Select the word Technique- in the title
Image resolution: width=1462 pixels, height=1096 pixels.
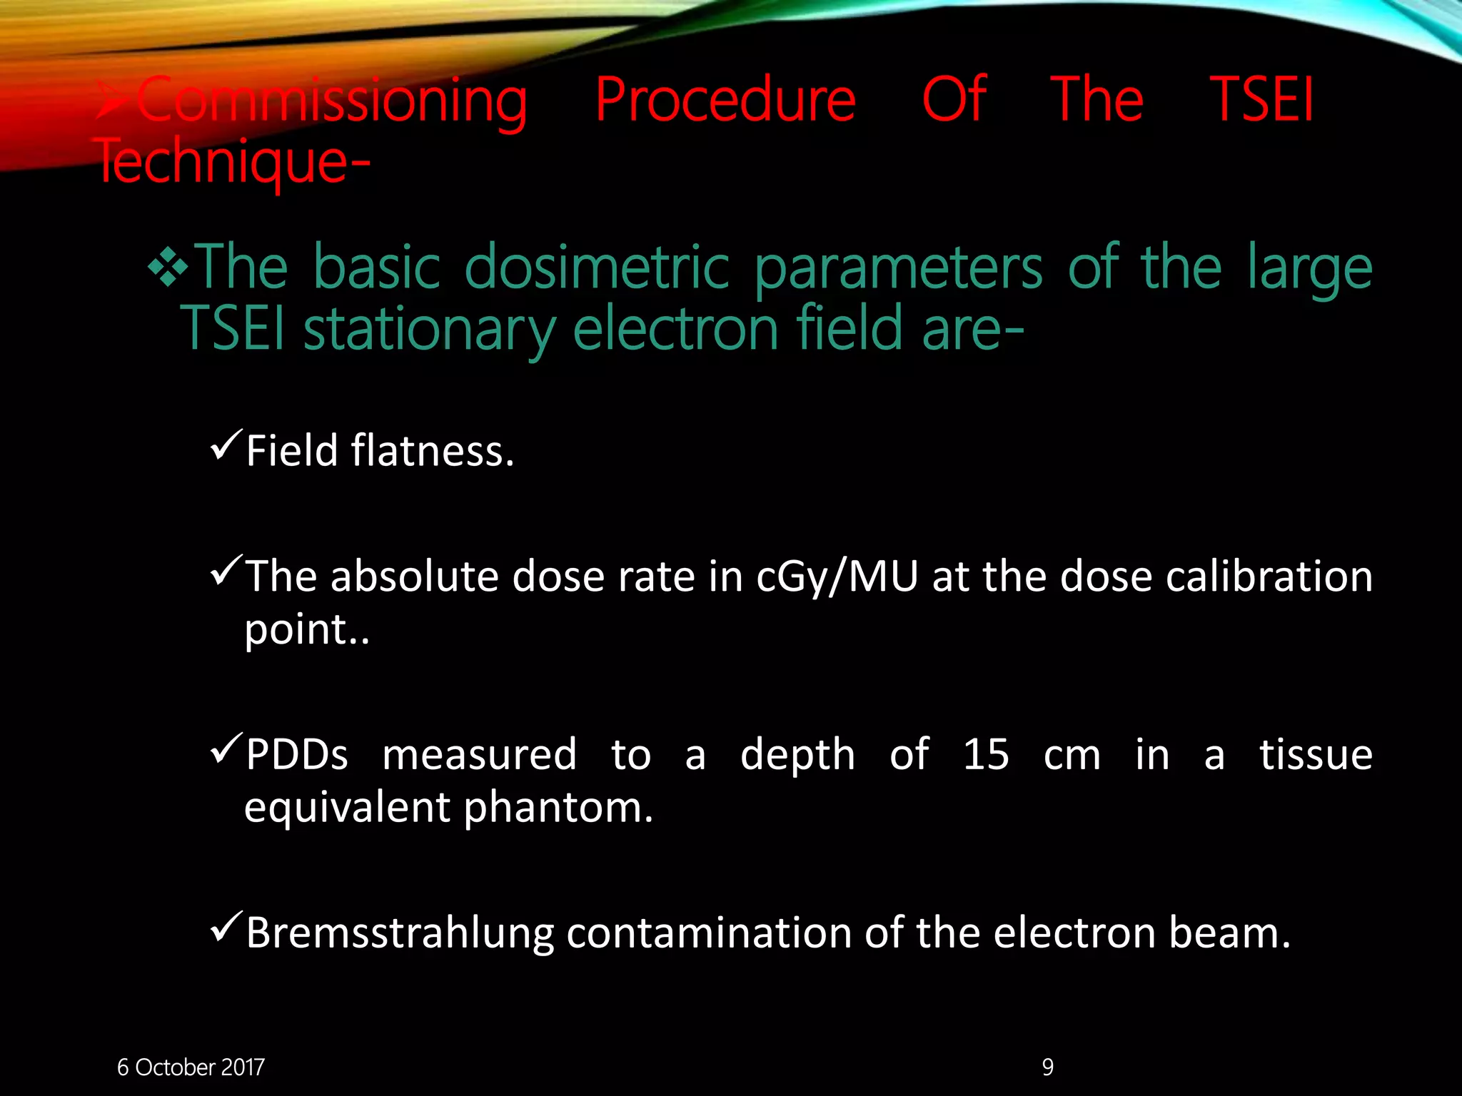(x=233, y=163)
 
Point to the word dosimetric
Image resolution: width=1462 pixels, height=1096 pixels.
(x=597, y=268)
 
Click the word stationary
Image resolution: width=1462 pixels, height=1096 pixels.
(x=429, y=330)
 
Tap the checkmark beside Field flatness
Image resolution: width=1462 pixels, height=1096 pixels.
(x=226, y=446)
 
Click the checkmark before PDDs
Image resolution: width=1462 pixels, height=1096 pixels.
(x=226, y=749)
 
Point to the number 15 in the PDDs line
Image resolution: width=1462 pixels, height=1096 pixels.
(x=986, y=754)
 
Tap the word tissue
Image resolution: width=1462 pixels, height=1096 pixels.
(x=1316, y=754)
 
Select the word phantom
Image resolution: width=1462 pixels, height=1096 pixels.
(x=558, y=809)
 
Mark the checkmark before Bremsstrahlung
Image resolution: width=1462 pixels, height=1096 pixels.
(x=226, y=928)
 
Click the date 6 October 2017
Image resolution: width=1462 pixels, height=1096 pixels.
(x=191, y=1067)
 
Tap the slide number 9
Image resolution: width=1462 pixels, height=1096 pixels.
(x=1047, y=1067)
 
